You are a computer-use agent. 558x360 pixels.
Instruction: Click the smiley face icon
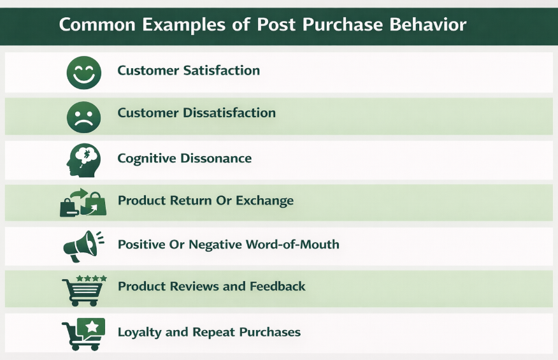pos(83,72)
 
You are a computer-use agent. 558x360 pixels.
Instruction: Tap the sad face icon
pos(83,116)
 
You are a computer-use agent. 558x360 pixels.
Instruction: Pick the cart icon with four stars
pos(83,290)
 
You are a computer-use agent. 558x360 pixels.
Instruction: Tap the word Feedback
pos(277,287)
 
